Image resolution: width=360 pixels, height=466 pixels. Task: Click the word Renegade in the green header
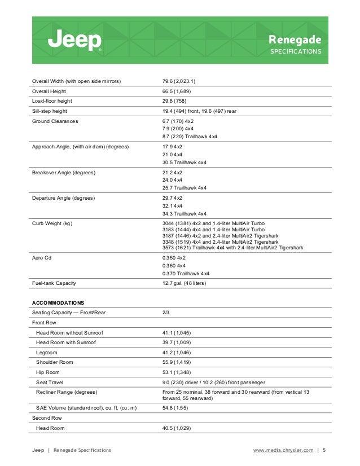[295, 39]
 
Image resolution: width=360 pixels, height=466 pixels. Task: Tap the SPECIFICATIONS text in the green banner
[296, 51]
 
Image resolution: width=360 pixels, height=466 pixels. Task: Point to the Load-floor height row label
[52, 101]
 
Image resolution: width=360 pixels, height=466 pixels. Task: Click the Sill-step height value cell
[199, 111]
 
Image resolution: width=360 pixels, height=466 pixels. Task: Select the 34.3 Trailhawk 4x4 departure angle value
[185, 214]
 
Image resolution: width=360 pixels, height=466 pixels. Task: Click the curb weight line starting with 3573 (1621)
[232, 248]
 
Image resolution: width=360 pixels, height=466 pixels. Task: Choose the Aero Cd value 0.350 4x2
[174, 257]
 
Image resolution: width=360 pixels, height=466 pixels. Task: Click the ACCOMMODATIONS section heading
[58, 303]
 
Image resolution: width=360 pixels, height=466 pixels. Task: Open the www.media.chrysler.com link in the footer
[283, 450]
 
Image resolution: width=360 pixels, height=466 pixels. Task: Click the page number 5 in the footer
[324, 450]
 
